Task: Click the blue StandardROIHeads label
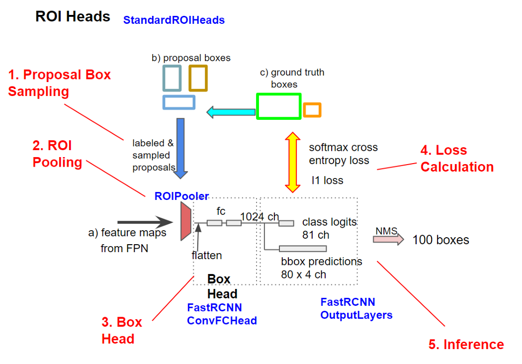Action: [x=174, y=20]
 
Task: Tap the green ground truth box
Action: [x=278, y=106]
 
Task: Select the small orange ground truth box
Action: [x=312, y=110]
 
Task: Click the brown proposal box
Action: [x=197, y=78]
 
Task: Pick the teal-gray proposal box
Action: [x=172, y=78]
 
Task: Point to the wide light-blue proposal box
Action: [x=178, y=102]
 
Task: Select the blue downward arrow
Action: [x=180, y=148]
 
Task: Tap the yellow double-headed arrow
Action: [x=292, y=162]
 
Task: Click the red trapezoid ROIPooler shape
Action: [x=185, y=223]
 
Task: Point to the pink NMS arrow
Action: [x=388, y=240]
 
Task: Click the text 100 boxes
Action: [x=440, y=240]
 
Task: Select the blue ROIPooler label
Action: [x=181, y=196]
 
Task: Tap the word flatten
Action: [x=206, y=256]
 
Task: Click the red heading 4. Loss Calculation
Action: [x=457, y=158]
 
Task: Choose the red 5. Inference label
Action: [x=466, y=345]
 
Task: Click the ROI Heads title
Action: [x=73, y=17]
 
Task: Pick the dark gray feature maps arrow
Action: [x=144, y=222]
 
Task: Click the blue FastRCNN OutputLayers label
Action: [x=356, y=308]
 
